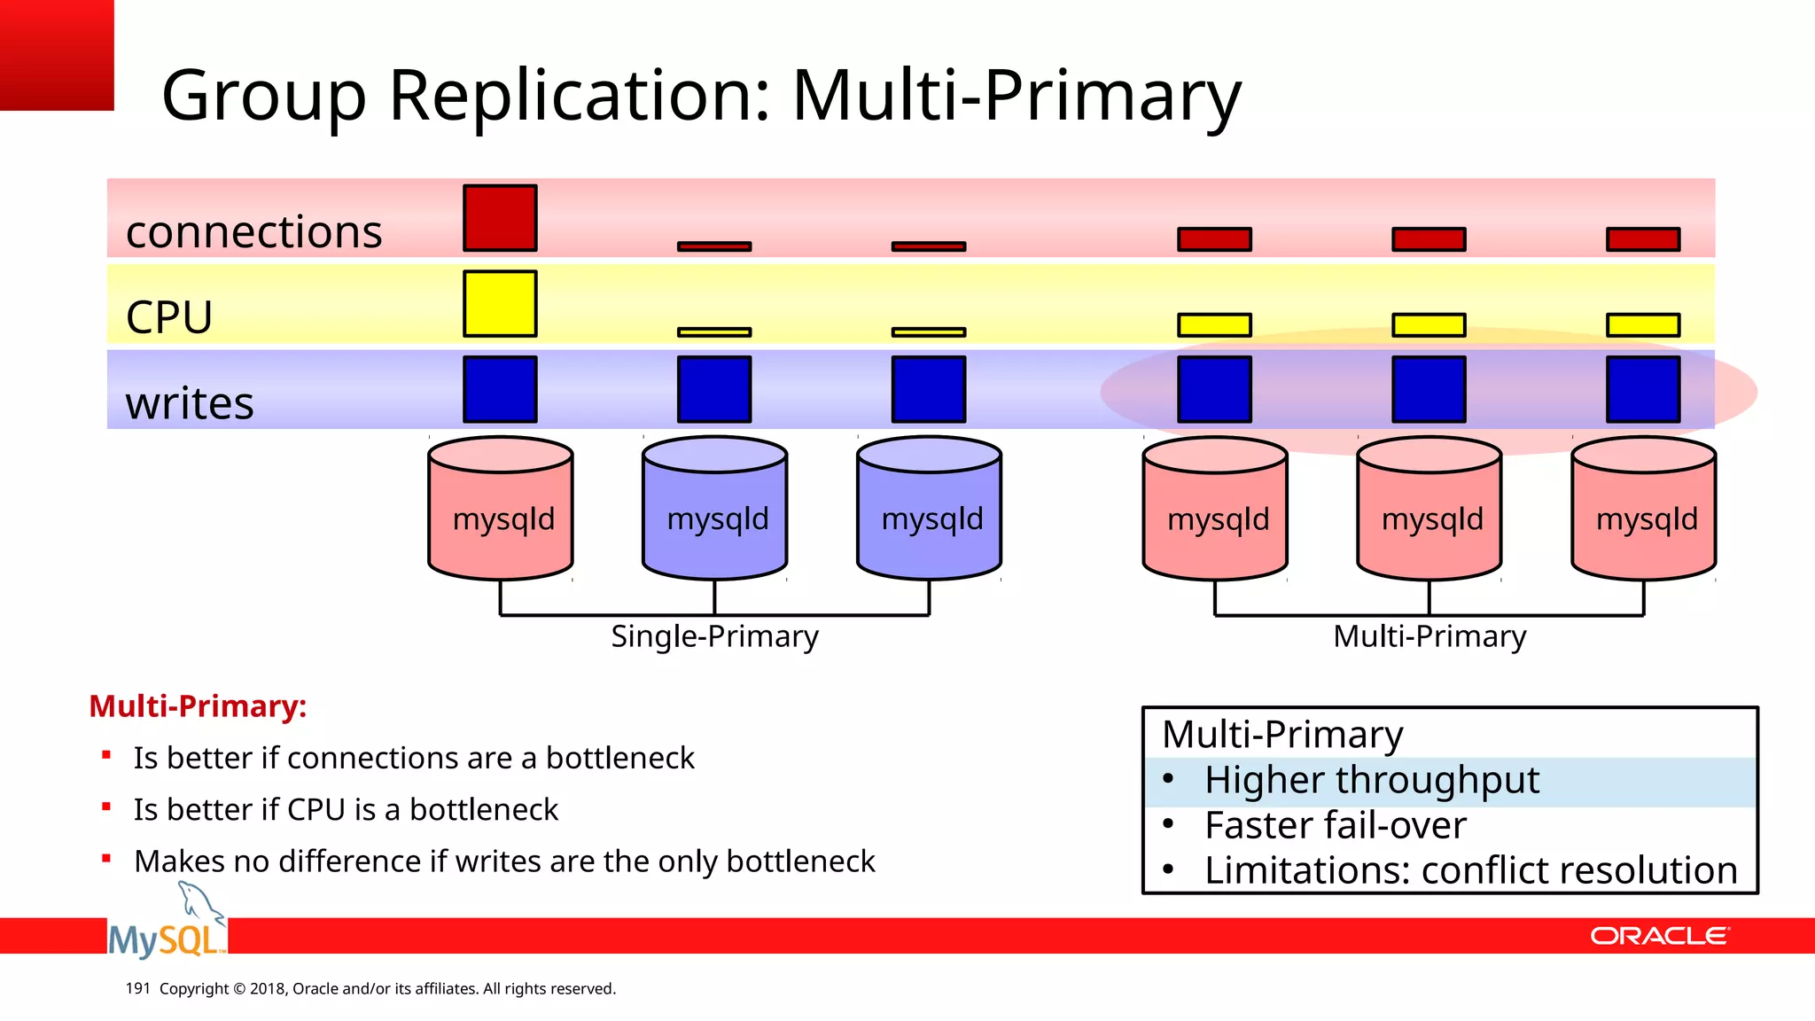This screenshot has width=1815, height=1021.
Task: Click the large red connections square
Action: (500, 218)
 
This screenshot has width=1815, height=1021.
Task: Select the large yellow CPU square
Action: (500, 304)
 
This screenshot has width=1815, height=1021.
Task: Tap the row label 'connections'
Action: (253, 232)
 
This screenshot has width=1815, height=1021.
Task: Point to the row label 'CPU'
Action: (169, 317)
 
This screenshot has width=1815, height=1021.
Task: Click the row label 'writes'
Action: (190, 403)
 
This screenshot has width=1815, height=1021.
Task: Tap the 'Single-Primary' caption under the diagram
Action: (714, 636)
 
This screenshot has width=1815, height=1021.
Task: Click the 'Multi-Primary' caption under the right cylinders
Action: (1429, 636)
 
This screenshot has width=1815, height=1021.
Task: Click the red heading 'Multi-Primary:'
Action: (198, 706)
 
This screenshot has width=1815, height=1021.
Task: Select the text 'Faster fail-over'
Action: (1335, 826)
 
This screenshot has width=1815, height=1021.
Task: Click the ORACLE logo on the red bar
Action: (1658, 937)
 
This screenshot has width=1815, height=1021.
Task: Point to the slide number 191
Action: (137, 988)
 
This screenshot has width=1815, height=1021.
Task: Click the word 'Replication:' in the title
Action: (580, 95)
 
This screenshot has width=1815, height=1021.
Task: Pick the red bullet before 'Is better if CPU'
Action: (106, 807)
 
